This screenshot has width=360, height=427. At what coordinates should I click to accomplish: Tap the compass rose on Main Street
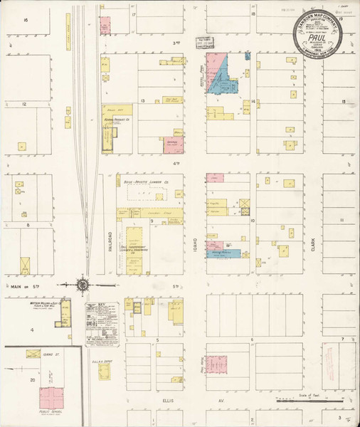tap(83, 286)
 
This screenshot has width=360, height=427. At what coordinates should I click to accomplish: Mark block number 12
tap(23, 104)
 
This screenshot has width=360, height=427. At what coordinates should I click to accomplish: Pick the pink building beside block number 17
tap(105, 26)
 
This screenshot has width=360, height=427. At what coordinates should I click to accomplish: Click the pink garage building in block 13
tap(173, 144)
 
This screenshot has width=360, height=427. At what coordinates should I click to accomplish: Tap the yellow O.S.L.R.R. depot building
tap(105, 372)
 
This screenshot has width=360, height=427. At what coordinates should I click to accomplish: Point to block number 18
tap(253, 14)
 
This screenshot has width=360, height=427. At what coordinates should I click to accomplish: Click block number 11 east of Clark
tap(342, 221)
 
